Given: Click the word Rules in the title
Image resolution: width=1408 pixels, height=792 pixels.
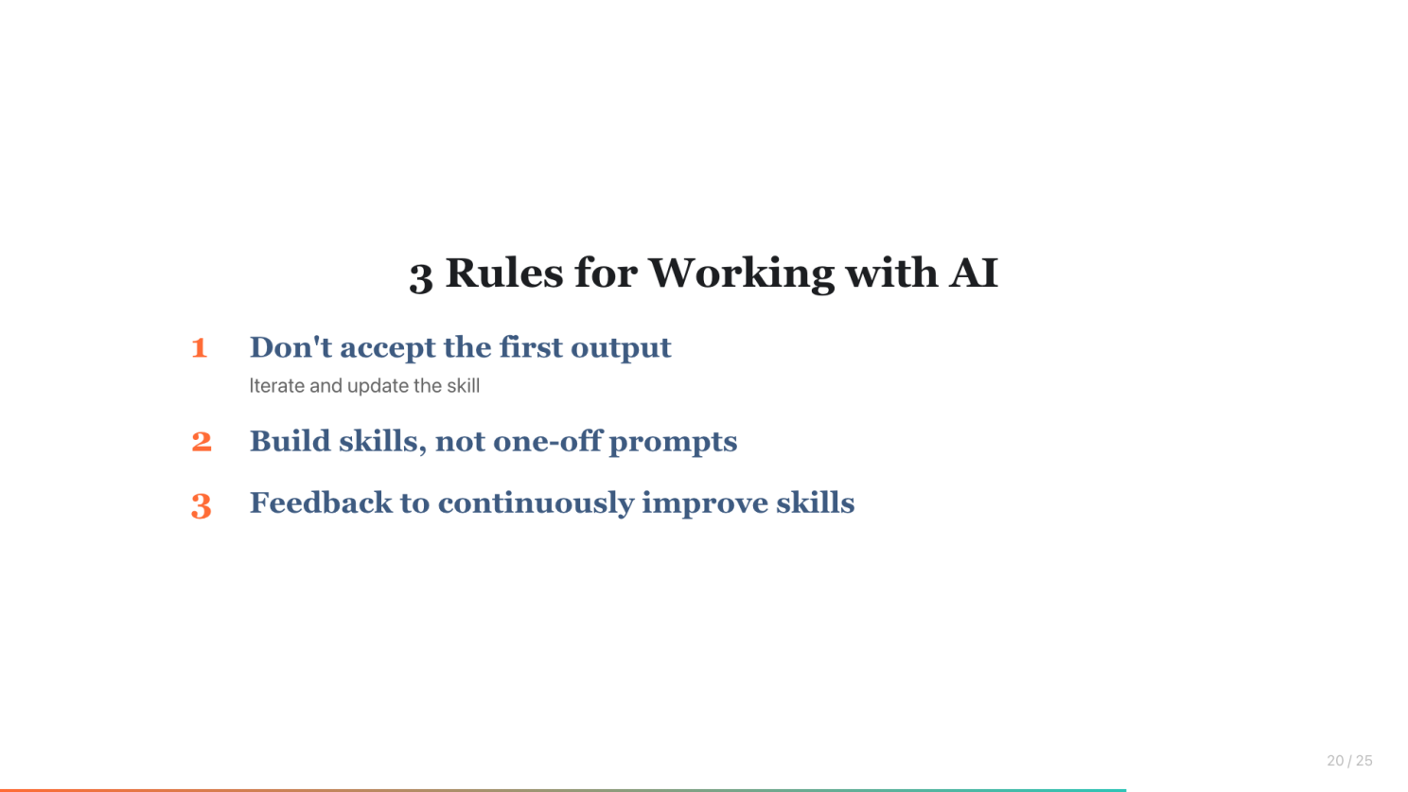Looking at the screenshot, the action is (504, 273).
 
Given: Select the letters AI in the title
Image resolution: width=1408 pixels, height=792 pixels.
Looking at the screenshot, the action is (973, 273).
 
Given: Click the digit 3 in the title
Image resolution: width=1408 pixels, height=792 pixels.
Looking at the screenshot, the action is (421, 277).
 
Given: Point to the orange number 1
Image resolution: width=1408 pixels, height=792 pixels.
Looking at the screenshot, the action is (200, 347).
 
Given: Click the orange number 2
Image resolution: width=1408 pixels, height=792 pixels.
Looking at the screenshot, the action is (202, 441).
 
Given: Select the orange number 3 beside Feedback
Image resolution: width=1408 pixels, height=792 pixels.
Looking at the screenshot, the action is (202, 505).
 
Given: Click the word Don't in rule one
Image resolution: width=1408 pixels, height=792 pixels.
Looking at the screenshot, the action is (290, 347).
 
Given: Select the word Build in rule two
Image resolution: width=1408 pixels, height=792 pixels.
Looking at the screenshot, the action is (290, 441).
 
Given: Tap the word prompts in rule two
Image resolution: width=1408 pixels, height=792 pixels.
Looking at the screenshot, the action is (673, 443).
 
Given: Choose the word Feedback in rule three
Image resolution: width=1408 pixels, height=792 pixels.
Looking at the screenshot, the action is (321, 502).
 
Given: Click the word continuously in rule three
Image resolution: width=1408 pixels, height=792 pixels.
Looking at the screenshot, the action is (536, 504).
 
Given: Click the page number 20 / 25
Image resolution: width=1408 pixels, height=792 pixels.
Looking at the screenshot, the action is (1349, 761).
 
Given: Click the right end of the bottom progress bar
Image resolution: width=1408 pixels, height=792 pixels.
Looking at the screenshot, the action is (1125, 790).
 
